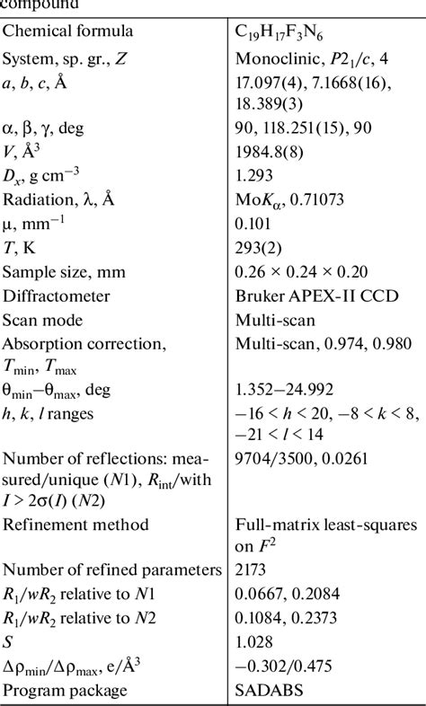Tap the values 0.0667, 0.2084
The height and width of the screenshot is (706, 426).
[282, 594]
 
